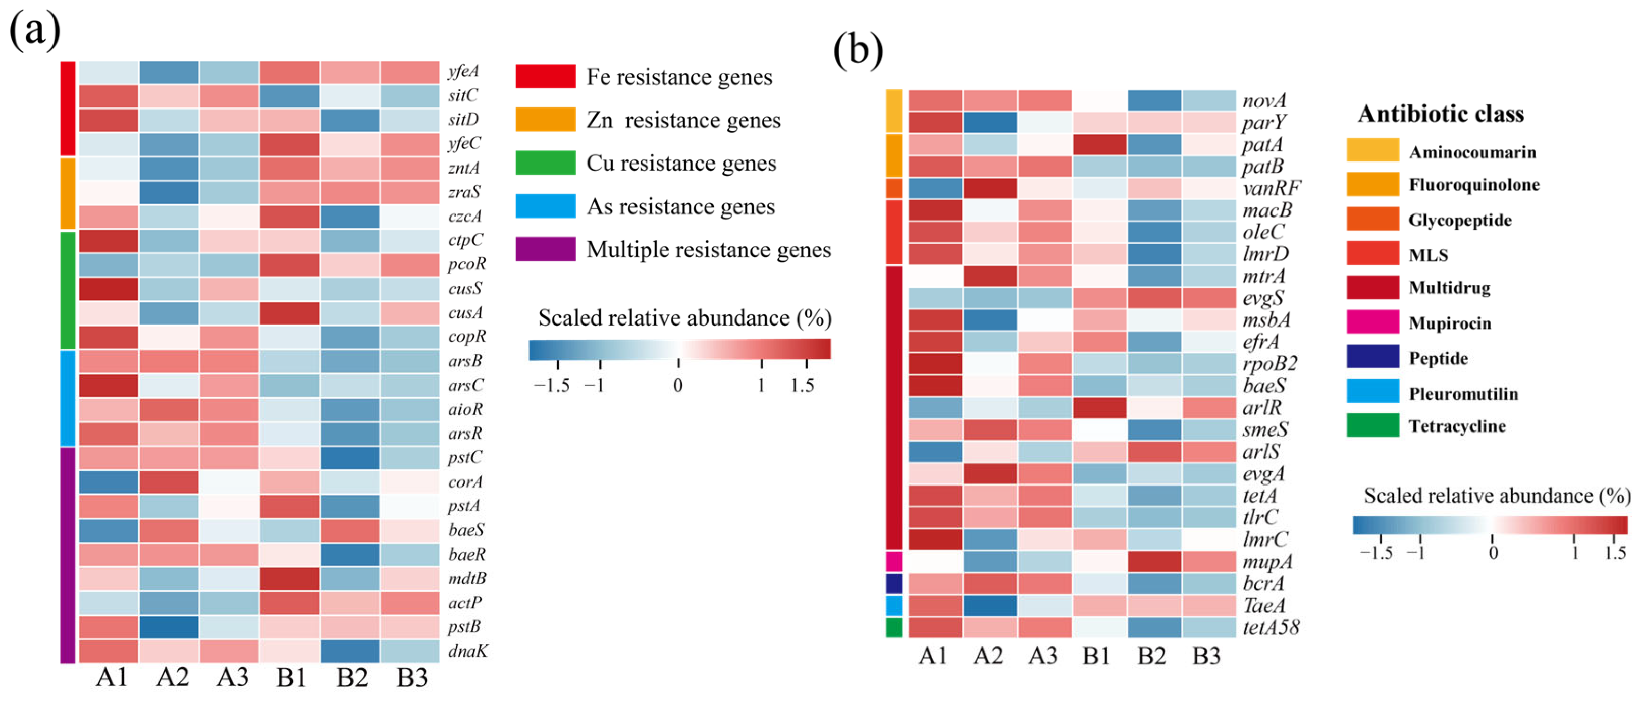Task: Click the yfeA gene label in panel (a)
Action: (x=463, y=71)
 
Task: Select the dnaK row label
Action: (x=467, y=651)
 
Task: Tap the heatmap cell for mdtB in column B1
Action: (x=289, y=579)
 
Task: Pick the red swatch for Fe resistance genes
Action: (x=545, y=76)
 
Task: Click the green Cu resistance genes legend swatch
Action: (x=545, y=163)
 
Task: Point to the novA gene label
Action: (x=1264, y=100)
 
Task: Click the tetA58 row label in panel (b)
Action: (x=1270, y=628)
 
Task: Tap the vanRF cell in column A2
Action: (x=989, y=188)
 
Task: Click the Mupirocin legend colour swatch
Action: (x=1372, y=322)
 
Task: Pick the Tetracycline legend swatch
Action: (x=1372, y=425)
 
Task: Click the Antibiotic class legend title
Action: (x=1441, y=114)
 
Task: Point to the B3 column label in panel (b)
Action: (x=1206, y=656)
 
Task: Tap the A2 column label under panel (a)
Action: (x=173, y=677)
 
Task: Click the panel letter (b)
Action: (x=858, y=49)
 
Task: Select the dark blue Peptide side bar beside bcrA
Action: (x=894, y=583)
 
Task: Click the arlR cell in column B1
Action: (x=1099, y=407)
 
